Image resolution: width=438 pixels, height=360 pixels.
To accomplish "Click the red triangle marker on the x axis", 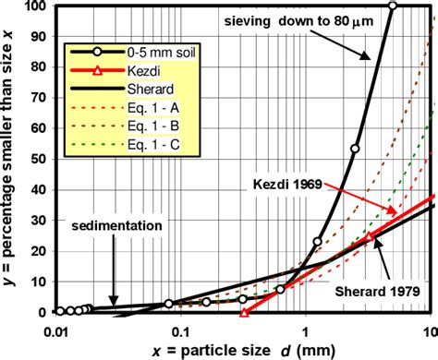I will point(244,312).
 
